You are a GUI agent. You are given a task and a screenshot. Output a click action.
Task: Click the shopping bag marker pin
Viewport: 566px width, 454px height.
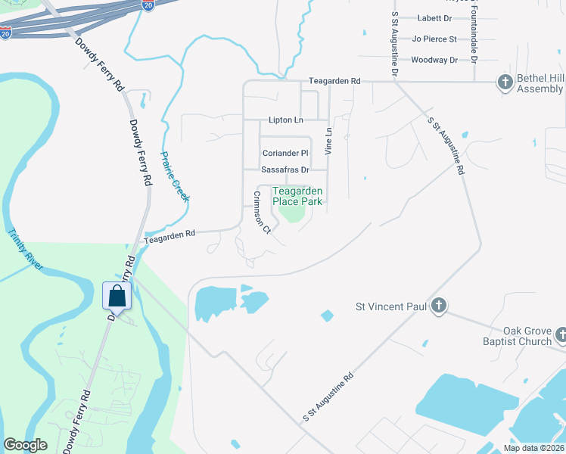pyautogui.click(x=117, y=295)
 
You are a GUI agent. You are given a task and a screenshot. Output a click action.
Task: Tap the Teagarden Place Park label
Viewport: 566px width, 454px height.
pyautogui.click(x=297, y=196)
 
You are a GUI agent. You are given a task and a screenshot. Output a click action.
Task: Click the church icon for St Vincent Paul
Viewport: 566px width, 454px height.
pyautogui.click(x=438, y=306)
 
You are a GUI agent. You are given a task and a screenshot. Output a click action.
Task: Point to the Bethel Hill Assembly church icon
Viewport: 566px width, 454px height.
pyautogui.click(x=505, y=81)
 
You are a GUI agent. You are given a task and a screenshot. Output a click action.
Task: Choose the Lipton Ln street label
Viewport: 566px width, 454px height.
pyautogui.click(x=285, y=120)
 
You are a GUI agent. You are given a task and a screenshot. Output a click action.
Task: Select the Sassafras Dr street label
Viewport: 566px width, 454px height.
pyautogui.click(x=285, y=170)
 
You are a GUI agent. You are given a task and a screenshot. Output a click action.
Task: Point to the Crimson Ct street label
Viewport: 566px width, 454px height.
pyautogui.click(x=262, y=213)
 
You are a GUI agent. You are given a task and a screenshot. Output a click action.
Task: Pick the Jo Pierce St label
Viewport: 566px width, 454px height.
pyautogui.click(x=434, y=39)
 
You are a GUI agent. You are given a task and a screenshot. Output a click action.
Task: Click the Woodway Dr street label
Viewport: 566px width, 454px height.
pyautogui.click(x=434, y=60)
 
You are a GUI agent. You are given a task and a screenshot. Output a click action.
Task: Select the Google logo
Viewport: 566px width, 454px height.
pyautogui.click(x=26, y=445)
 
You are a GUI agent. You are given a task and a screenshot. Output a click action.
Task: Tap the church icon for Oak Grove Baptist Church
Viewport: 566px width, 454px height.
pyautogui.click(x=561, y=334)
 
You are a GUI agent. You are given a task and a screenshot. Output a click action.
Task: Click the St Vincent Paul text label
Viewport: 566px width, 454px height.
pyautogui.click(x=390, y=307)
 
